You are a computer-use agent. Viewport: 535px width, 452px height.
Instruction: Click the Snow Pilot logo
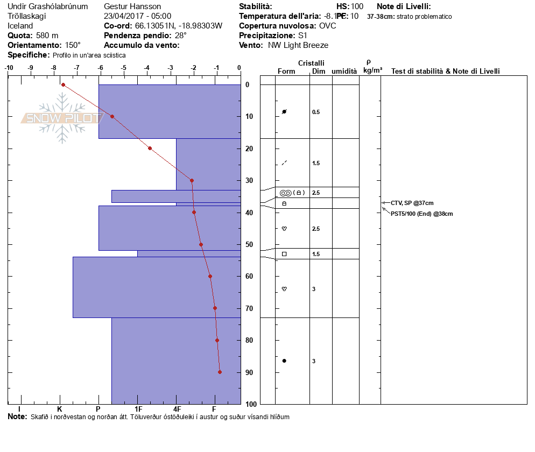tap(62, 118)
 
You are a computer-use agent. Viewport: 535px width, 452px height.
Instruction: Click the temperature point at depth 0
tap(63, 84)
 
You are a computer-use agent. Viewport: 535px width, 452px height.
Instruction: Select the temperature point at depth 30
tap(192, 180)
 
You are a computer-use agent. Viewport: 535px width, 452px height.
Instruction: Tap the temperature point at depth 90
tap(220, 372)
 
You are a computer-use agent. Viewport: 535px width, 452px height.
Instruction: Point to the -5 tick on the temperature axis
tap(124, 68)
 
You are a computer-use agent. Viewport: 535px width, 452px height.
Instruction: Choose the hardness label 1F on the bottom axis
tap(138, 409)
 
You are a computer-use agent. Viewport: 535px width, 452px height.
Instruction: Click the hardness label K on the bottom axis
tap(60, 409)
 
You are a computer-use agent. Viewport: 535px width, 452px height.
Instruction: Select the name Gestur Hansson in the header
tap(132, 6)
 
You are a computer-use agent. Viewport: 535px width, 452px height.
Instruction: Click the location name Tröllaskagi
tap(27, 16)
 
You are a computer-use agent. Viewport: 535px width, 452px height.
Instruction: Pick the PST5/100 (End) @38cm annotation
tap(421, 214)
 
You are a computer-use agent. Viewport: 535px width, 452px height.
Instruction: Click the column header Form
tap(286, 72)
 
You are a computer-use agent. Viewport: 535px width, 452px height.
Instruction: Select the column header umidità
tap(344, 72)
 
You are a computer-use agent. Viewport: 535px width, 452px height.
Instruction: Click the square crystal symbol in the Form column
tap(284, 254)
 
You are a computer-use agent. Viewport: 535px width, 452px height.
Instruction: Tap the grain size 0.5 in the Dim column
tap(316, 112)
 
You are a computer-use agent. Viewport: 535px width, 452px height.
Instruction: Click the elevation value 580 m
tap(47, 36)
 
